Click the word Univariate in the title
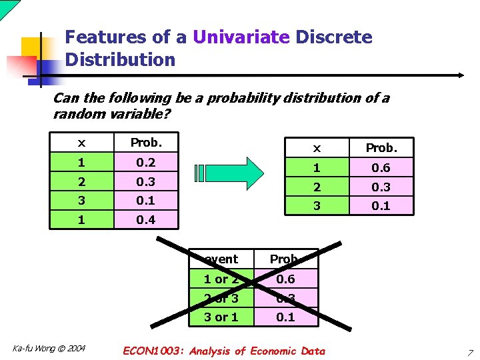241,37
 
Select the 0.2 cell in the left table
145,162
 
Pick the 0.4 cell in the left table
145,219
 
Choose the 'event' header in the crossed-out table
221,259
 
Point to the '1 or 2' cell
221,279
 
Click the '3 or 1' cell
221,317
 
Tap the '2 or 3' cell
221,298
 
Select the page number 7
470,352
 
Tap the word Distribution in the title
120,59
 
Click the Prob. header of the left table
145,143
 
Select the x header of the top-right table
317,148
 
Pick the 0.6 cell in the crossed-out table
285,279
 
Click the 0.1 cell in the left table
145,200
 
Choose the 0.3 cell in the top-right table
381,187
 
